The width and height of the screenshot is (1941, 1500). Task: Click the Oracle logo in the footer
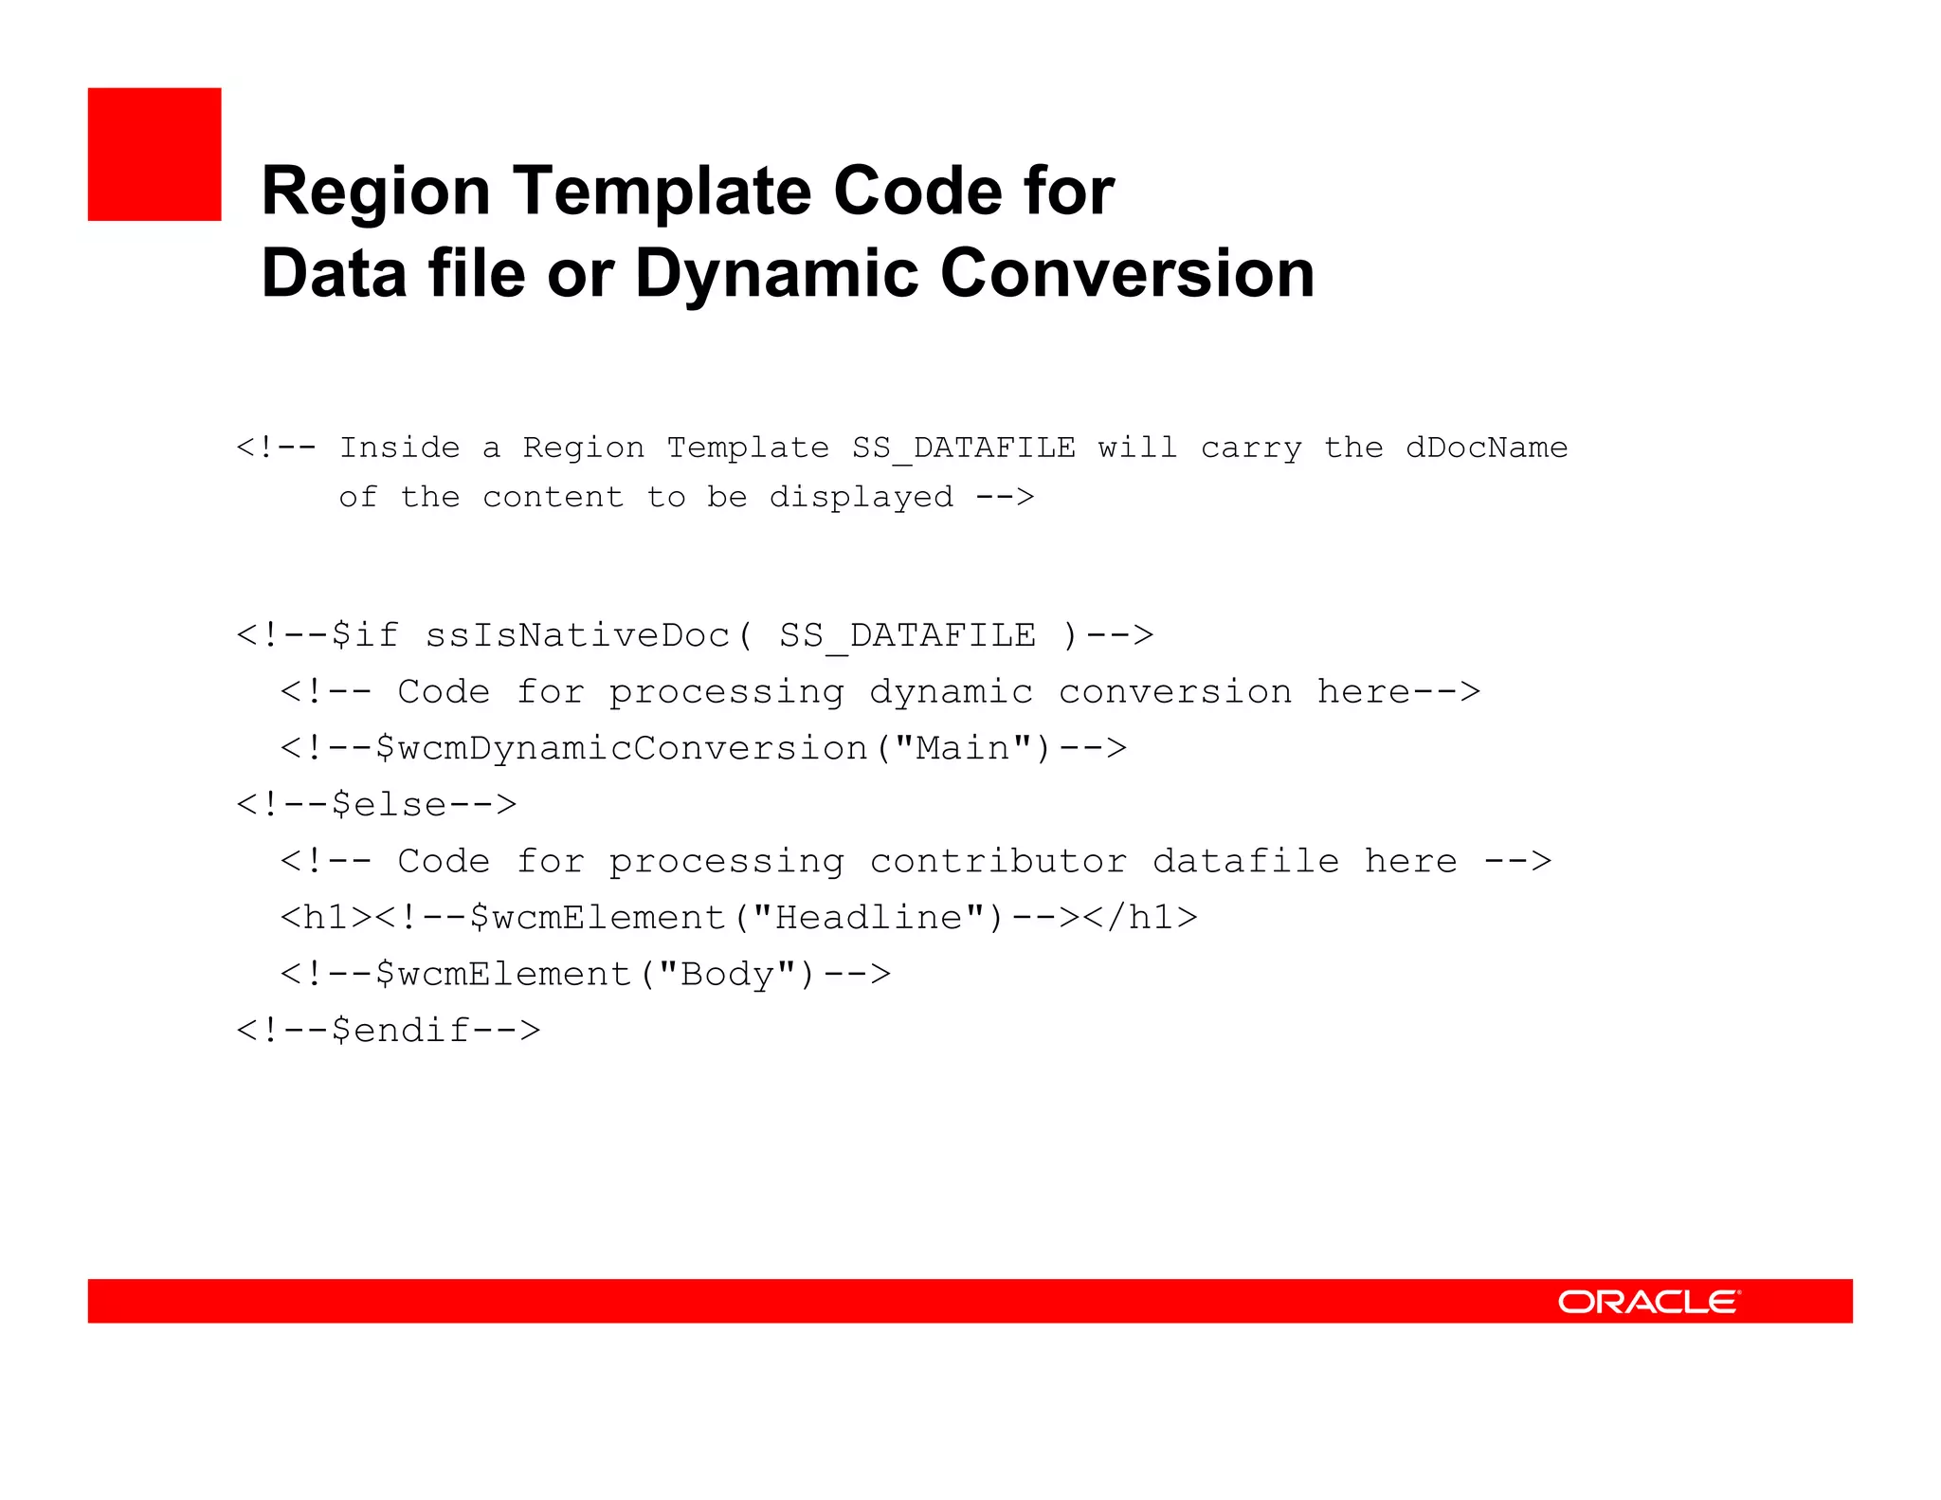coord(1648,1302)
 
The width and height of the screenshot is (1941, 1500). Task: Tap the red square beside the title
coord(154,155)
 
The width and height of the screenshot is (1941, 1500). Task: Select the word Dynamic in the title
coord(776,275)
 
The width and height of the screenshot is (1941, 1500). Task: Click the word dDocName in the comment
coord(1486,448)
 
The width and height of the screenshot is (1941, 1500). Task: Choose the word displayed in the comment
coord(861,498)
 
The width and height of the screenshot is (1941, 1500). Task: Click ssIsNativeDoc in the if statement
coord(578,635)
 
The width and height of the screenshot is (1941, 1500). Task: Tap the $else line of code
coord(376,805)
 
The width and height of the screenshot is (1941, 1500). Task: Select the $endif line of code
coord(389,1031)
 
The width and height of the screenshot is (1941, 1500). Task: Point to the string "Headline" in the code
coord(868,918)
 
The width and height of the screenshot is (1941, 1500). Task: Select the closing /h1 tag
coord(1140,918)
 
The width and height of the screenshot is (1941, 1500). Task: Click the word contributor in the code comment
coord(998,862)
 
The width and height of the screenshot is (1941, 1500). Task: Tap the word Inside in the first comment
coord(399,448)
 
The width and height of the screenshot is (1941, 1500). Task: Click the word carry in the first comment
coord(1251,448)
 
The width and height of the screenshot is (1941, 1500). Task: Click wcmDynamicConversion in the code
coord(622,749)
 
